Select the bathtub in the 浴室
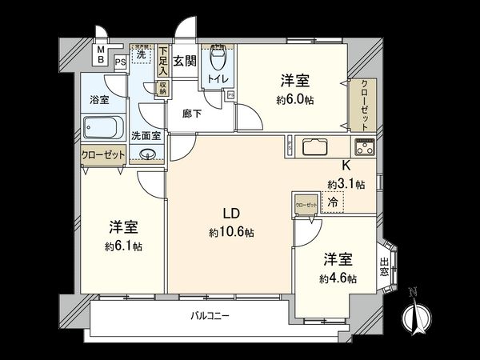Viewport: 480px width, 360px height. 102,128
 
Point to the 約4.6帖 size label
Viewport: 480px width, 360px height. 337,278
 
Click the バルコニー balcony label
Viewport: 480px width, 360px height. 210,316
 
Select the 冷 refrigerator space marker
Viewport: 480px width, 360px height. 332,204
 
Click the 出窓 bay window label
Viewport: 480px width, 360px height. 385,266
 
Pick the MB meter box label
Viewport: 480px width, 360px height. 101,55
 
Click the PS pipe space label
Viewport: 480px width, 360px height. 120,60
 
